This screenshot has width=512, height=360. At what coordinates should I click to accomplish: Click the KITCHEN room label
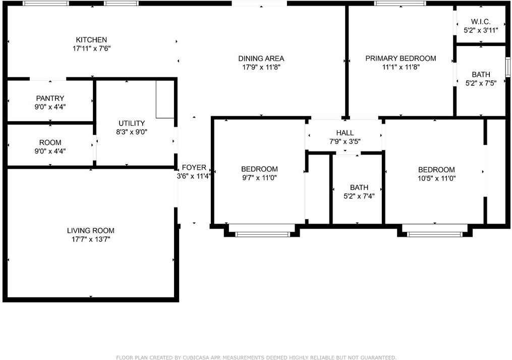91,40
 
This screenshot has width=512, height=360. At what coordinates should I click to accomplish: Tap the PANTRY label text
50,98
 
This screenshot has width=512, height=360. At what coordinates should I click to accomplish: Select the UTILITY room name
132,123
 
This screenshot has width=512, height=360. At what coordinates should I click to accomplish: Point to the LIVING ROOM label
91,231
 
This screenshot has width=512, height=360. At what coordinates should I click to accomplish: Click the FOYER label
194,168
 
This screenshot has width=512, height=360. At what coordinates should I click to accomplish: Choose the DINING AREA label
261,59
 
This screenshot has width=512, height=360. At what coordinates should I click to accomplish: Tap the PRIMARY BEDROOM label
401,59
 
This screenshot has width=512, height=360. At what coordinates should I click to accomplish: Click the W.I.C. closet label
480,22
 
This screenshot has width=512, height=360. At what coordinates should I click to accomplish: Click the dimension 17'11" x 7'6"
91,49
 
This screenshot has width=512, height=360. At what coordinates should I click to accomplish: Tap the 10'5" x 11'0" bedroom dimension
436,179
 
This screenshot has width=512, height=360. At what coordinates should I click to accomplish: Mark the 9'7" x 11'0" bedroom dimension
259,178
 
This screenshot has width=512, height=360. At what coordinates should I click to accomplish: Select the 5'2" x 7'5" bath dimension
481,84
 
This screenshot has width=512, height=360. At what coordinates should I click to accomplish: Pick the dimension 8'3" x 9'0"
132,132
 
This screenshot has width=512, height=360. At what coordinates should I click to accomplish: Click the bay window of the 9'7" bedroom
263,234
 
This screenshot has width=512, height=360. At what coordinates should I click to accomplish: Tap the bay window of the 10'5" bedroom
435,234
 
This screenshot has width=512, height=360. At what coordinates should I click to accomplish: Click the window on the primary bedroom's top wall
400,4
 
